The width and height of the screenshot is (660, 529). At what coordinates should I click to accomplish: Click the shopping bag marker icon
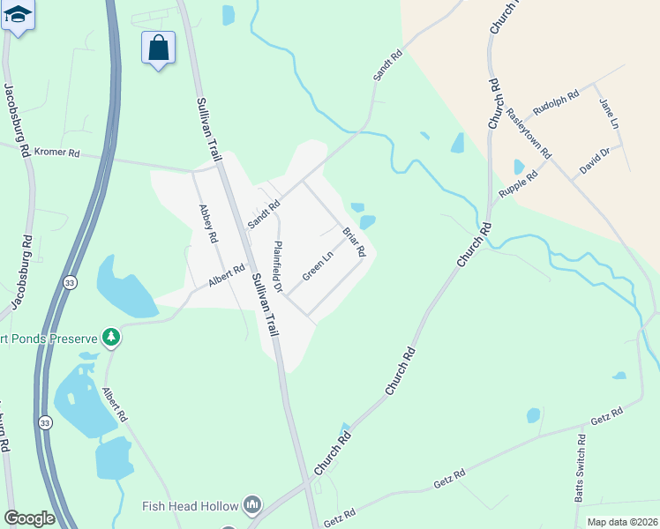[158, 48]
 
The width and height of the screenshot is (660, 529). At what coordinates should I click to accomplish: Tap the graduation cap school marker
[18, 16]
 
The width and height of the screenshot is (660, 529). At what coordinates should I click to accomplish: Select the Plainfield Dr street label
[277, 267]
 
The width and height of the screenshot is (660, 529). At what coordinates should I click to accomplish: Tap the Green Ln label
[318, 265]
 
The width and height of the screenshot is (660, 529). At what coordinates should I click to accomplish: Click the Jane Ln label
[605, 111]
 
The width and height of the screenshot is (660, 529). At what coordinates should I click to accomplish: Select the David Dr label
[595, 160]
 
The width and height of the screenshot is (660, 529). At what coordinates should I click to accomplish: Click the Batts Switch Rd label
[580, 468]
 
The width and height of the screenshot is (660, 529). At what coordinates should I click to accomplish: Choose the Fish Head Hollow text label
[191, 506]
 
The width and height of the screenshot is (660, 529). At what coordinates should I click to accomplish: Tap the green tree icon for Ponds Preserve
[111, 336]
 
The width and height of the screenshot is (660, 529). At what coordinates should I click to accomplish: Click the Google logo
[29, 518]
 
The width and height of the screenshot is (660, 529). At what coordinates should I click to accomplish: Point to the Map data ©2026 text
[622, 522]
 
